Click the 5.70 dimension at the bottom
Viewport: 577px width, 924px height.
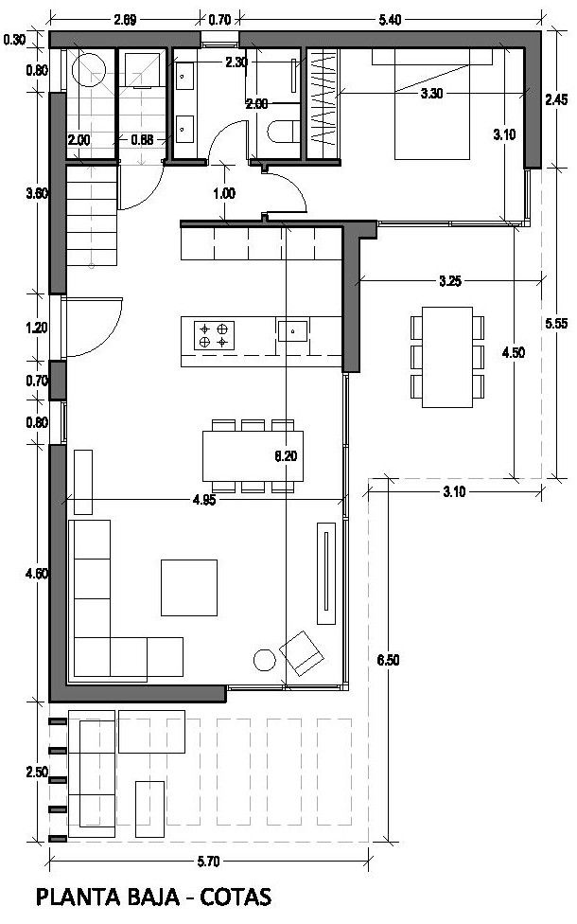point(208,862)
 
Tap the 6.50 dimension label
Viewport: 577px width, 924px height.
point(388,660)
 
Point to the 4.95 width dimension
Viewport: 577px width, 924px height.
point(203,500)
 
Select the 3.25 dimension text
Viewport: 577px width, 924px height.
point(450,281)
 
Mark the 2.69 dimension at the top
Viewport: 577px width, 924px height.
point(125,20)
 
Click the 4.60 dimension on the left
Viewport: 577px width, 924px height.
point(37,573)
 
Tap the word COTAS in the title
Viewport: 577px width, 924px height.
point(236,897)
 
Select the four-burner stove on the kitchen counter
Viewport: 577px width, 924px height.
point(214,336)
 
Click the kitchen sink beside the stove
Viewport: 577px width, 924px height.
point(292,330)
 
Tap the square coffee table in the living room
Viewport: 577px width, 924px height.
point(189,588)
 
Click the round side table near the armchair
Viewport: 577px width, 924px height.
point(264,660)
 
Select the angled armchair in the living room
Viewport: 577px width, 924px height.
point(302,653)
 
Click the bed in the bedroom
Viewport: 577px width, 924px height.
point(432,104)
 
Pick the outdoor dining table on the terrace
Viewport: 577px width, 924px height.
point(447,357)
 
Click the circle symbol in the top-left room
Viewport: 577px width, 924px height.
point(88,70)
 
